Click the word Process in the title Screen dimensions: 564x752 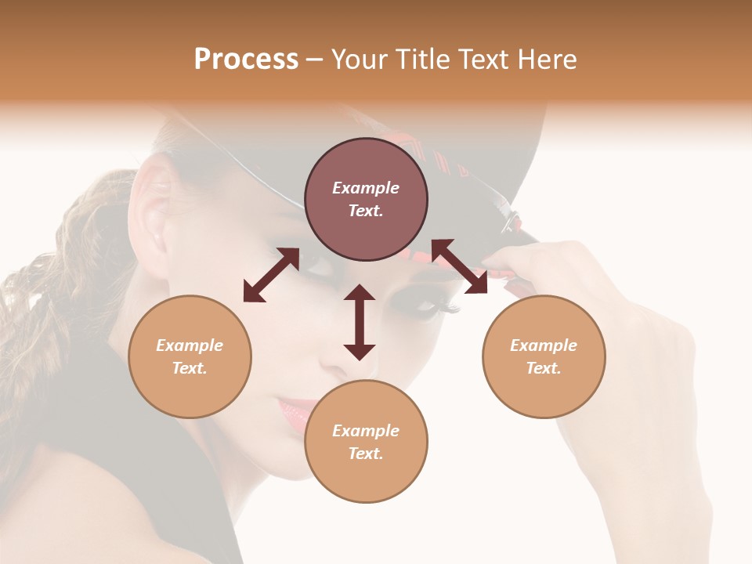tap(246, 60)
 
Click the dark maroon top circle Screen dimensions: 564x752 tap(366, 200)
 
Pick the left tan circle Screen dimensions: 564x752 tap(190, 356)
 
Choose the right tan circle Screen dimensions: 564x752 tap(544, 356)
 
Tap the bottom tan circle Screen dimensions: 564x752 tap(366, 441)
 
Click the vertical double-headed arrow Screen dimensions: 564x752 tap(360, 322)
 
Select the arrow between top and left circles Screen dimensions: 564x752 tap(271, 275)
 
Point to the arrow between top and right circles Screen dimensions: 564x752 tap(459, 266)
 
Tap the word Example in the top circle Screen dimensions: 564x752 tap(366, 188)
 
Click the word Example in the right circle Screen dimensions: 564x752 tap(544, 345)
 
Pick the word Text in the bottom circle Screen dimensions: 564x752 tap(366, 454)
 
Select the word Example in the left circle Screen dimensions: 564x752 tap(190, 345)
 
